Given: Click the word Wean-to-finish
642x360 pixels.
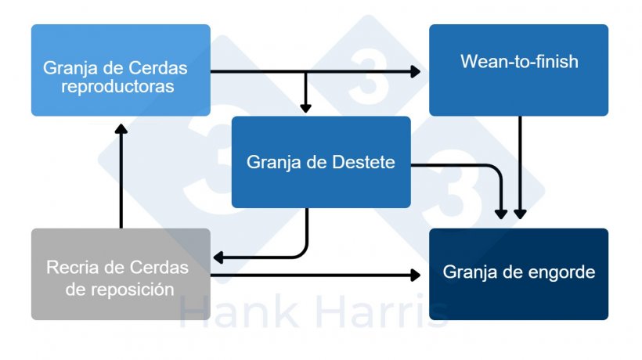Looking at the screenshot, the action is coord(519,62).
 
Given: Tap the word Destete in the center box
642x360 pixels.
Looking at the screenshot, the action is coord(363,162).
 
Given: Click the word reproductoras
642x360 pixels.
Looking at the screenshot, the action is coord(117,87).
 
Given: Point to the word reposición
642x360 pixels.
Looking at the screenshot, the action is coord(132,290).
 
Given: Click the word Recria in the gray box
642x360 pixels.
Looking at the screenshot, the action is coord(73,268).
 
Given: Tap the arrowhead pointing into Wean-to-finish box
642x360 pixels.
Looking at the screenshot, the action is coord(415,71).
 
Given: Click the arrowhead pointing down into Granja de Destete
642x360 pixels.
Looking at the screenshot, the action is coord(305,108).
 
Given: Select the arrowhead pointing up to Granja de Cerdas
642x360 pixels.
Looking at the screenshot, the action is coord(121,129).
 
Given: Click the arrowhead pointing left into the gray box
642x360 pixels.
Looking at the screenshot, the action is coord(218,257).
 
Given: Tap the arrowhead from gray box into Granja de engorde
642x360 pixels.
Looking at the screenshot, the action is coord(415,275).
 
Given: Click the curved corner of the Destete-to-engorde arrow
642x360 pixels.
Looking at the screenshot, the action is coord(496,170).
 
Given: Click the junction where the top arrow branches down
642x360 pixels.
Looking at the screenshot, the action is coord(305,71).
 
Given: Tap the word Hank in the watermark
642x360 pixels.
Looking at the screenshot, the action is coord(240,312).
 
